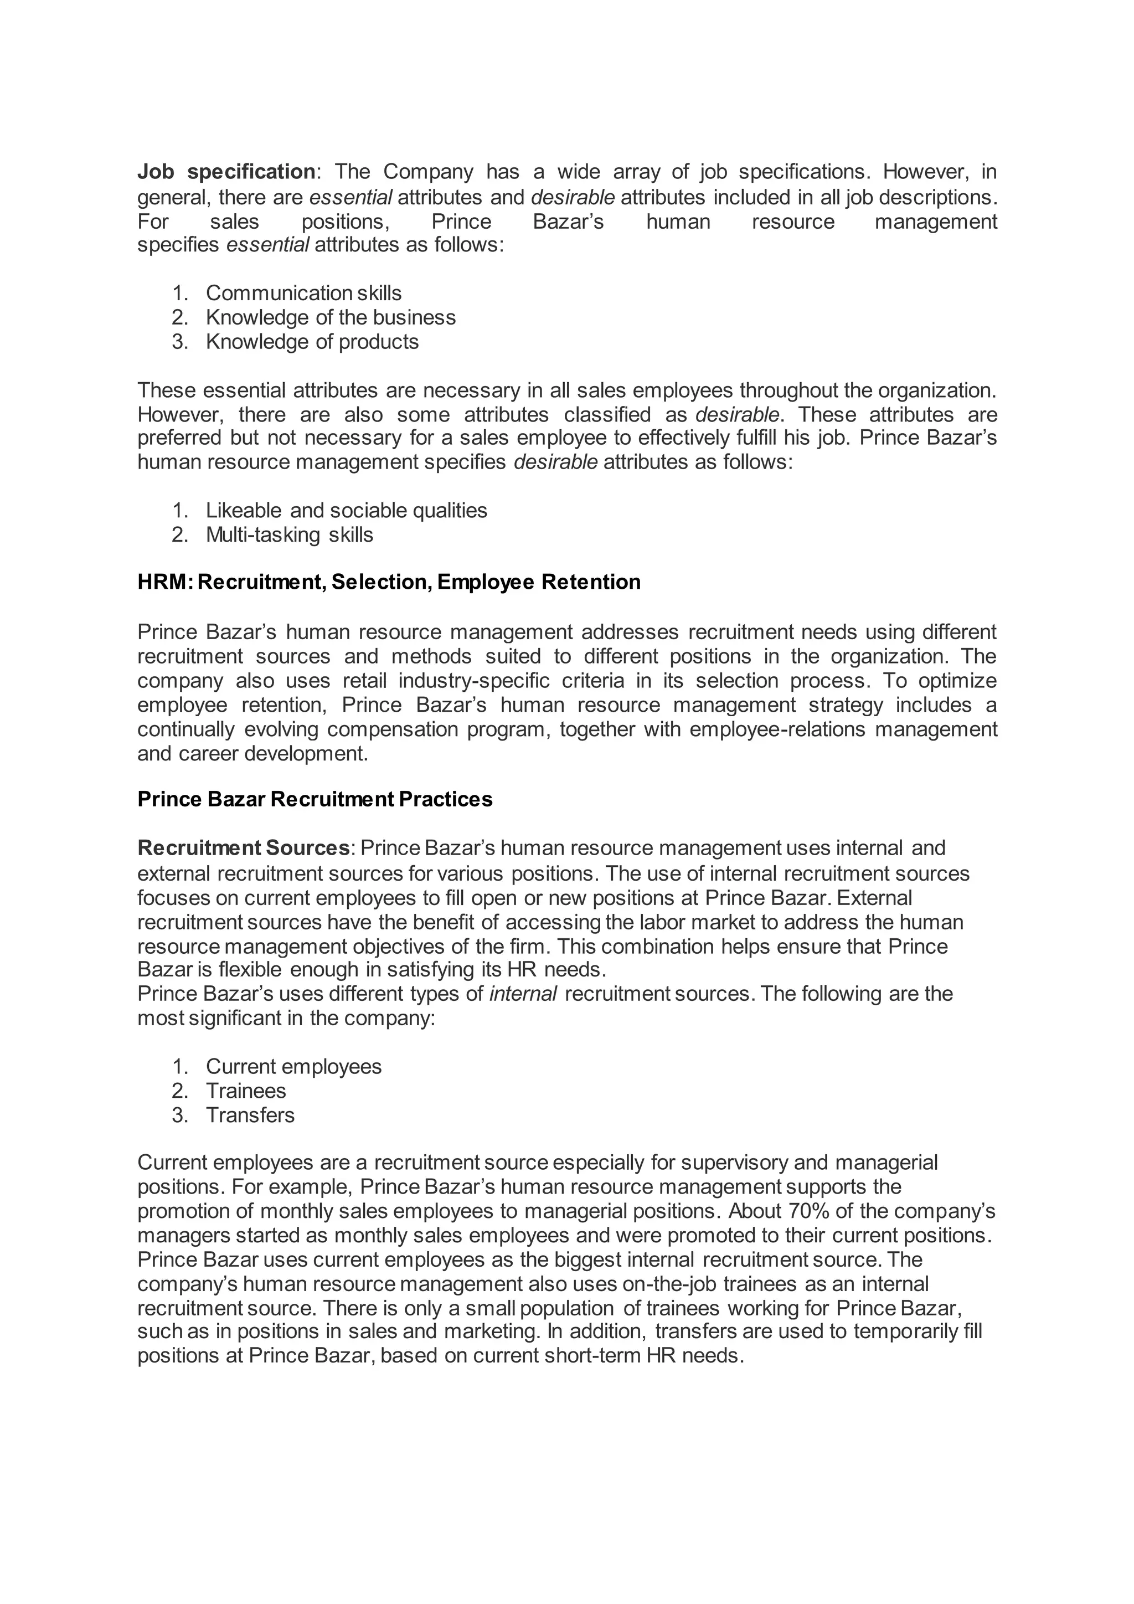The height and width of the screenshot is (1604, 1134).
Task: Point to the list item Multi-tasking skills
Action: [289, 534]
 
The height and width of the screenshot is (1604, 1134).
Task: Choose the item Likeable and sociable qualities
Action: [346, 510]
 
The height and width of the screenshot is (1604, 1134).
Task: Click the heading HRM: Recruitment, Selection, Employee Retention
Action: [388, 582]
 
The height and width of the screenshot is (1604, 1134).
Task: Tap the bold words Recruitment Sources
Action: [243, 848]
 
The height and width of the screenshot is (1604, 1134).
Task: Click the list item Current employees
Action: [293, 1066]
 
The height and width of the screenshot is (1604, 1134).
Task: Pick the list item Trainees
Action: [246, 1091]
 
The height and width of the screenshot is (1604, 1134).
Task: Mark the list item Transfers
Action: [250, 1115]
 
